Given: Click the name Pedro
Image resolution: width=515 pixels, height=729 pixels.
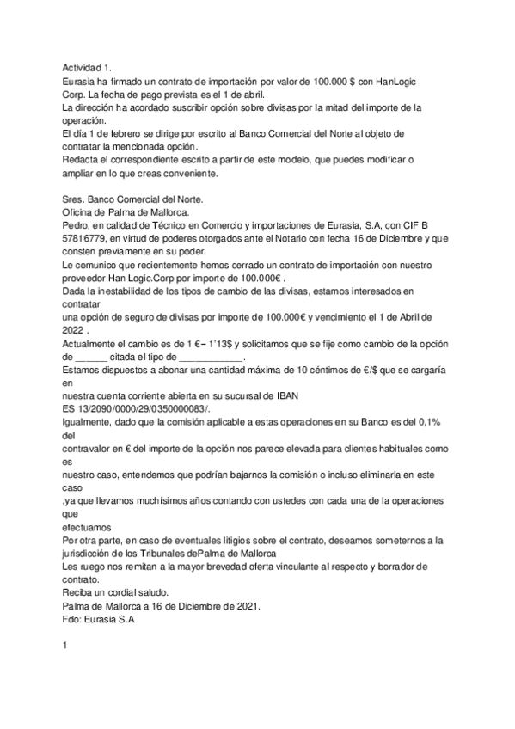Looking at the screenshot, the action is click(77, 226).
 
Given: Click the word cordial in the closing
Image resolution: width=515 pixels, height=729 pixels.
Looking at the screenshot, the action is click(125, 593).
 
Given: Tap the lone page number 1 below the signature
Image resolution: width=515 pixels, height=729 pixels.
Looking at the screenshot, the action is click(64, 665).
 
